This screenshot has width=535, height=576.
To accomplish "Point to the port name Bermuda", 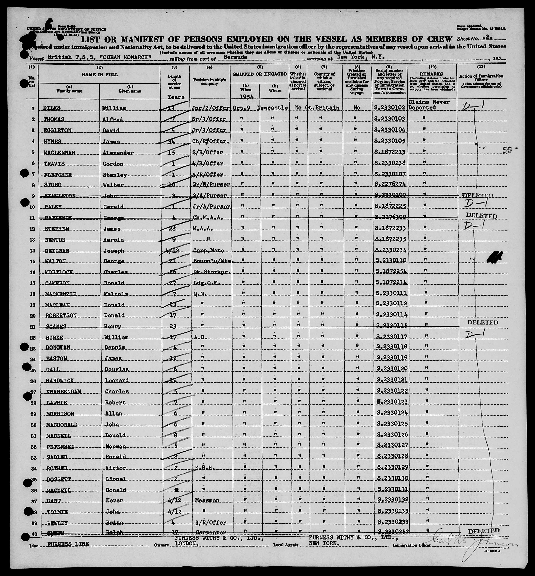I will tap(235, 57).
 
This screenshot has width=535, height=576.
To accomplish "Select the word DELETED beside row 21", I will tap(482, 322).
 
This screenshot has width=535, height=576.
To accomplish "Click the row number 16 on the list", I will tap(33, 272).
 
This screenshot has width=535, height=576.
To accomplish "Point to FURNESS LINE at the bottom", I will tap(68, 544).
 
